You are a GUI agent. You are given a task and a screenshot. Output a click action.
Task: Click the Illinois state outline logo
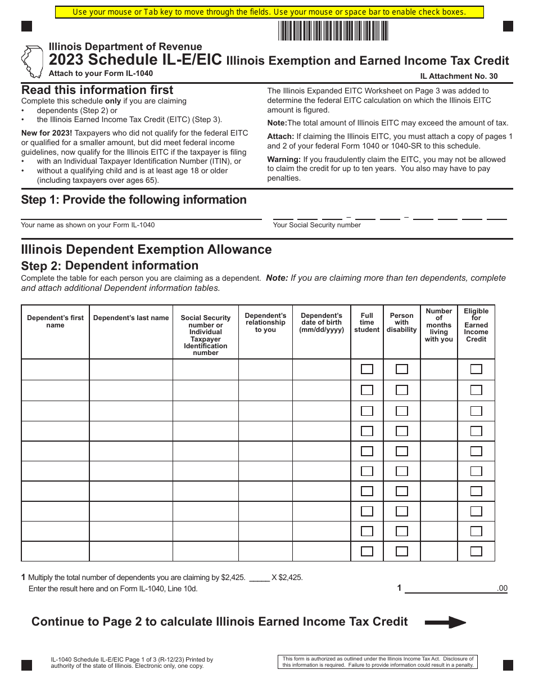[x=32, y=61]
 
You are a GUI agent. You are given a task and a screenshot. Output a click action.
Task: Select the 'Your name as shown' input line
[x=141, y=214]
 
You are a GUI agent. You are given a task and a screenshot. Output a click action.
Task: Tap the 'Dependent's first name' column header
[x=55, y=321]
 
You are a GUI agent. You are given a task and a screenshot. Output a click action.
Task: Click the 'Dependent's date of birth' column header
[x=322, y=322]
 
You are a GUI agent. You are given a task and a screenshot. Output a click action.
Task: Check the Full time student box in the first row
[x=367, y=369]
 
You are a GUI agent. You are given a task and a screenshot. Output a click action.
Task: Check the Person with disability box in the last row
[x=402, y=551]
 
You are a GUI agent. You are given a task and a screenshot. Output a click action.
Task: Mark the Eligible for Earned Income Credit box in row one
[x=476, y=369]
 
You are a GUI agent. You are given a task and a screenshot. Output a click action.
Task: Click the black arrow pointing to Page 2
[x=445, y=622]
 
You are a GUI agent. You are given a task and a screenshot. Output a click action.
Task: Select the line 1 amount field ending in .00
[x=450, y=588]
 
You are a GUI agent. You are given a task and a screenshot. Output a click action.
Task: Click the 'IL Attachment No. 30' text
[x=458, y=77]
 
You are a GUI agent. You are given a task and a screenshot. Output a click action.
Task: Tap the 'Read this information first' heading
[x=97, y=90]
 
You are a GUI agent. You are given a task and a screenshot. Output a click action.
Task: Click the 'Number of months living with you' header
[x=438, y=325]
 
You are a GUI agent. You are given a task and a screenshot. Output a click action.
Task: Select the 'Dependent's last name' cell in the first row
[x=131, y=370]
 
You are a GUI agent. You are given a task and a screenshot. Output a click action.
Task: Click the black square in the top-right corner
[x=508, y=26]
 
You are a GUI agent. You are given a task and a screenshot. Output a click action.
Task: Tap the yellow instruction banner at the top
[x=269, y=12]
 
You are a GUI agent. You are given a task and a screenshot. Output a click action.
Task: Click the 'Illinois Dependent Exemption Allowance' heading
[x=146, y=249]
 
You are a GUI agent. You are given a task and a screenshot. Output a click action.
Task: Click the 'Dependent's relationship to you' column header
[x=265, y=322]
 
